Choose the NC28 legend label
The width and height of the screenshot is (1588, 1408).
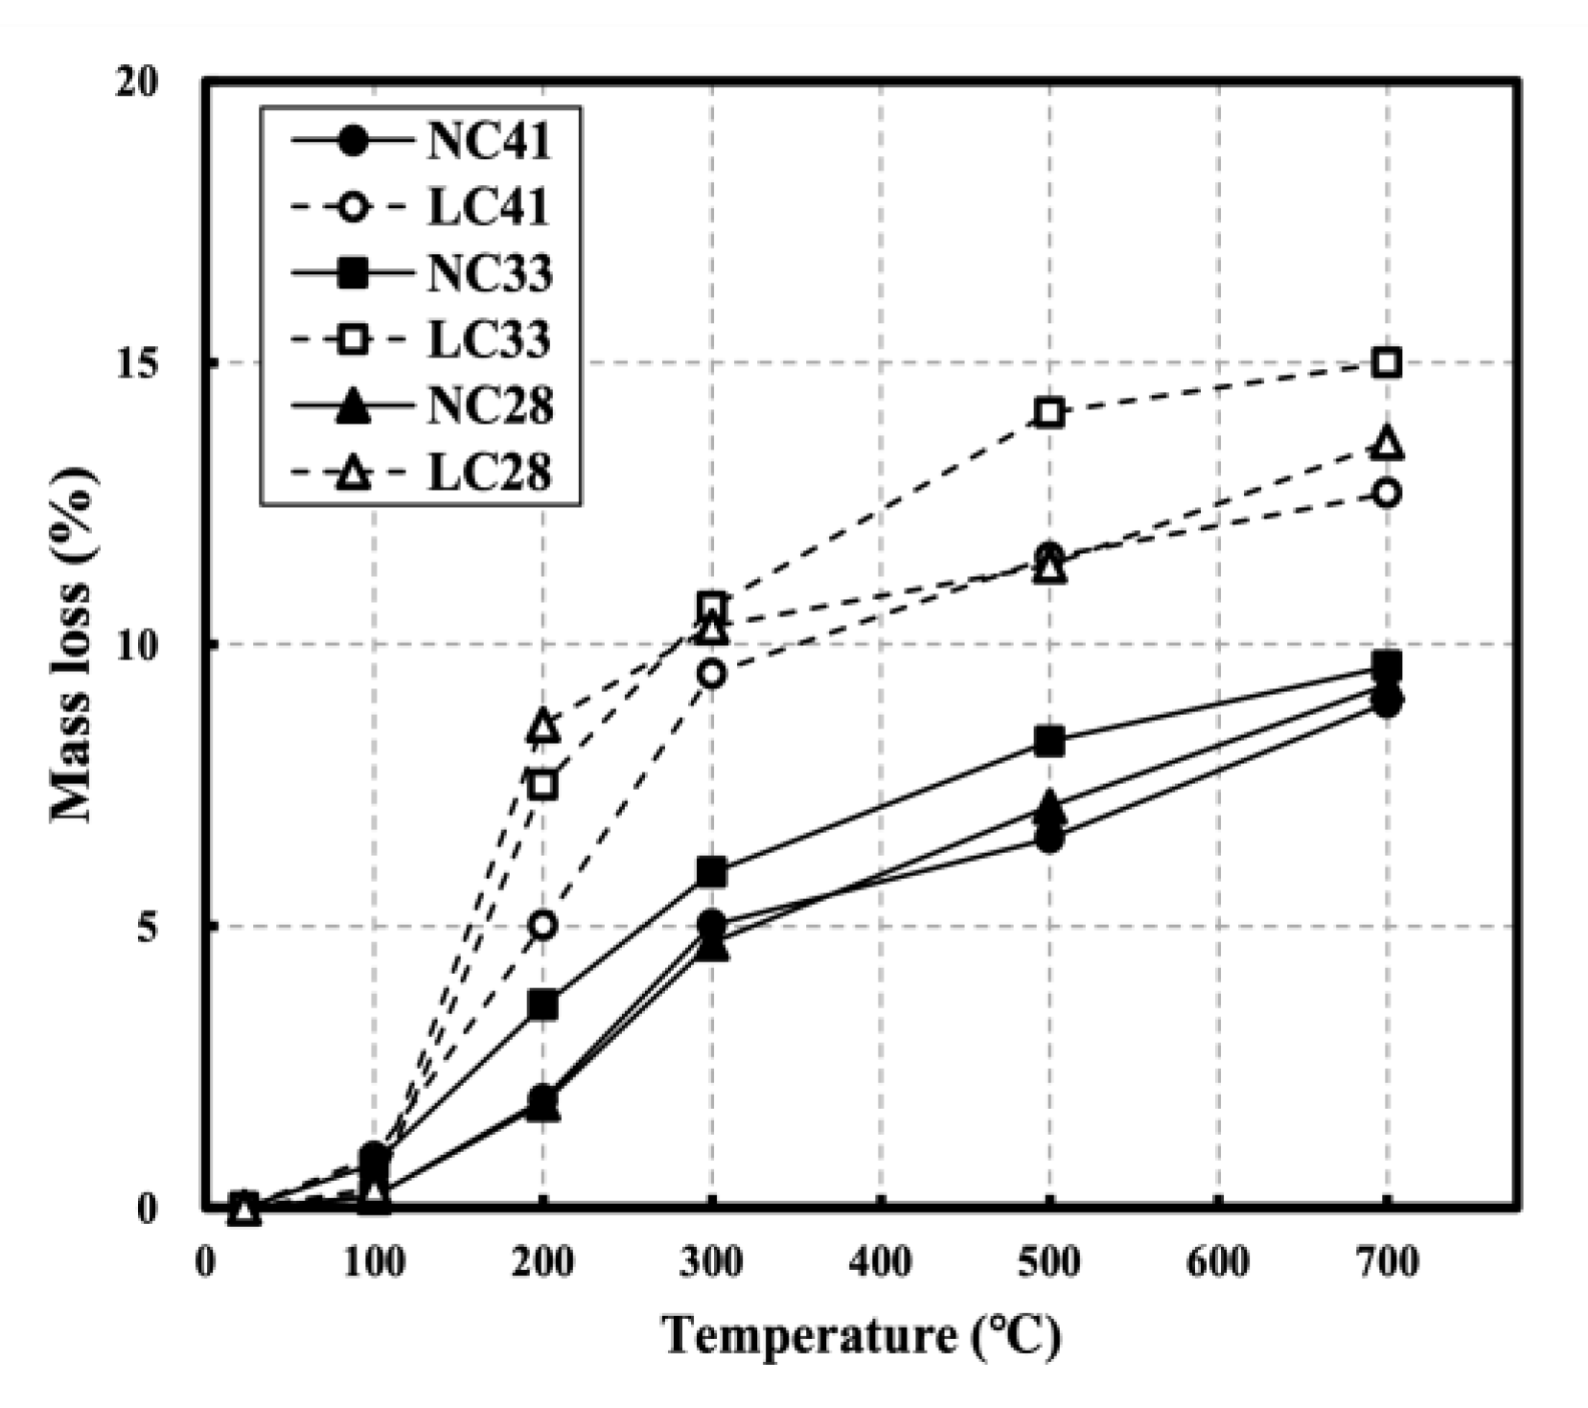pos(489,406)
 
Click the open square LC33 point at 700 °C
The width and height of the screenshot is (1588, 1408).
pos(1387,363)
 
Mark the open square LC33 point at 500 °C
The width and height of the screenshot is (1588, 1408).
pos(1049,413)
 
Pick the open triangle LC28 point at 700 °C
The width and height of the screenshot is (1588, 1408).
pos(1387,444)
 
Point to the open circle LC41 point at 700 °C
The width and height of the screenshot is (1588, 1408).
pos(1387,494)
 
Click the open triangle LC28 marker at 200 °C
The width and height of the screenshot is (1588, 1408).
pos(542,727)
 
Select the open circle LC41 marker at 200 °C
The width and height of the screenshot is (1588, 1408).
pos(542,926)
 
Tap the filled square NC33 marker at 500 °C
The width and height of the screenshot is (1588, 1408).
pos(1049,741)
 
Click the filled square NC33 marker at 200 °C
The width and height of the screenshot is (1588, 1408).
pos(542,1005)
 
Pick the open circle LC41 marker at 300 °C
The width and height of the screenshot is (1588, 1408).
pos(711,674)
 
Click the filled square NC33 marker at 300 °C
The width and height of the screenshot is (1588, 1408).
pos(711,872)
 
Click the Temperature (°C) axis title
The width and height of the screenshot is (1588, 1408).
pos(861,1335)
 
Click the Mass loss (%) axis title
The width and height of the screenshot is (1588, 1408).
pos(74,644)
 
